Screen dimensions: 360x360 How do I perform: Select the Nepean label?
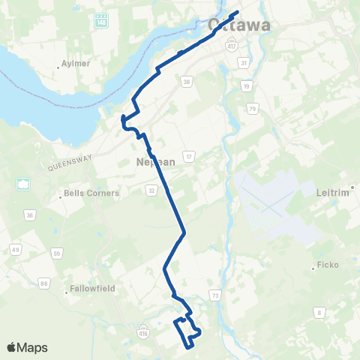155,161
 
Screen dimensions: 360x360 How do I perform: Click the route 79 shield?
253,110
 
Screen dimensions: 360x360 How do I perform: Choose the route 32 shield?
151,190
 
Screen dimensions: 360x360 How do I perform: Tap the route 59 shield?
57,253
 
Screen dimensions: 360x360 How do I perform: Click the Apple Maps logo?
26,347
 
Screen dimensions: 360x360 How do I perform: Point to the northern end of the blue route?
237,12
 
